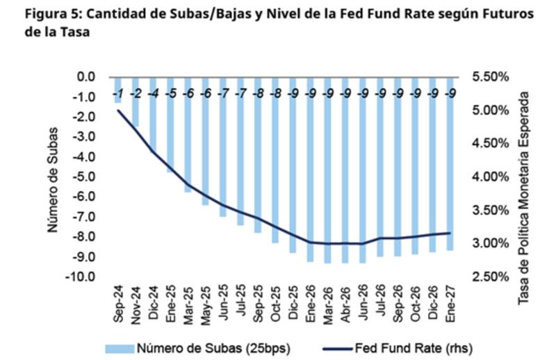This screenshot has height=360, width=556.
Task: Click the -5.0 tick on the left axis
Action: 85,177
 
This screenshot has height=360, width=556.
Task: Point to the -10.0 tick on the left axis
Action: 83,277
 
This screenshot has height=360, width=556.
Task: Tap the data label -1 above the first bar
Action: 118,94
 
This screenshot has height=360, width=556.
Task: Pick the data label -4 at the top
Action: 153,94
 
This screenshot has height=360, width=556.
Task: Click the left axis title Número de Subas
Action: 55,179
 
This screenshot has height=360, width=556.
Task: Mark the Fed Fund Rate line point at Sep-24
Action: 118,110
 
